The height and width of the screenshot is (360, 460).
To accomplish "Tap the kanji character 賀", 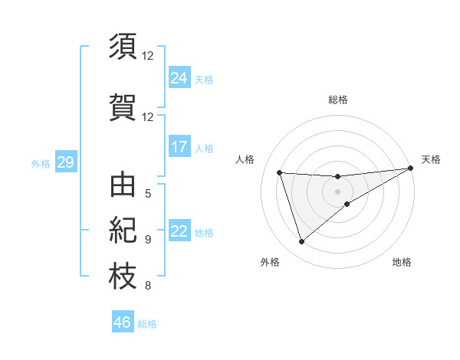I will tap(123, 106).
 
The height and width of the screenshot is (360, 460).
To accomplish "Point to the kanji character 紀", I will tap(123, 231).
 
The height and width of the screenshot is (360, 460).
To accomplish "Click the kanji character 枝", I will tap(123, 277).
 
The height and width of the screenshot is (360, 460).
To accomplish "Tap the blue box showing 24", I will tap(179, 78).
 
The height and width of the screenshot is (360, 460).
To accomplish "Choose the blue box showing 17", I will tap(179, 147).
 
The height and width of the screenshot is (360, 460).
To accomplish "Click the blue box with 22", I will tap(179, 231).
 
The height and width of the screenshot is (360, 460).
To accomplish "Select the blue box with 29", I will tap(65, 162).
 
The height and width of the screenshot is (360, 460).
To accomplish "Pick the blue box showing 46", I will tap(123, 322).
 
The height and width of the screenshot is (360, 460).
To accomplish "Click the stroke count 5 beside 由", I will tap(148, 193).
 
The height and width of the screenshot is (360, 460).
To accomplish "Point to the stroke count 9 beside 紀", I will tap(148, 239).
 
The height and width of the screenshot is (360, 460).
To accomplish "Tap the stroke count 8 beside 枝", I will tap(148, 286).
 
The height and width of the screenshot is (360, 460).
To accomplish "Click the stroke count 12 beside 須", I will tap(148, 56).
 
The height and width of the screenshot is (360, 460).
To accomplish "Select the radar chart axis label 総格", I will tap(338, 100).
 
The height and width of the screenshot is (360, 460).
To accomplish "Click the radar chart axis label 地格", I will tap(402, 263).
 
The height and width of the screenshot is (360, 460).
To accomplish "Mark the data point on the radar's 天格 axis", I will tap(411, 169).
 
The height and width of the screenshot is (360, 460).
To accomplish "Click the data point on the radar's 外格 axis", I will tap(301, 242).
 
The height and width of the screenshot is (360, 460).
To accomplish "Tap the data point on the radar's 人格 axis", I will tap(280, 172).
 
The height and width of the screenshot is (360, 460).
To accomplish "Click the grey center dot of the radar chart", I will tap(338, 191).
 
